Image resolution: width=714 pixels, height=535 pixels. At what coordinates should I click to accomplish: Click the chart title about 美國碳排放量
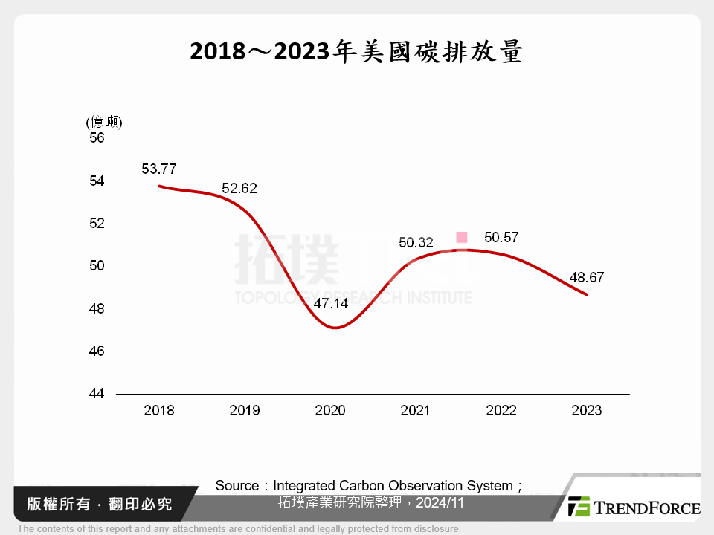356,52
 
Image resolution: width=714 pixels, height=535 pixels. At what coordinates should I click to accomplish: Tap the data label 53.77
159,169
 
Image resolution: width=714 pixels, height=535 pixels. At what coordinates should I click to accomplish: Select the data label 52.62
239,189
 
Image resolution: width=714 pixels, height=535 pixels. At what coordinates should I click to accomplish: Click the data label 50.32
416,242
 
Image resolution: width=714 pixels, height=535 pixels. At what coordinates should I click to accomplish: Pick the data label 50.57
501,238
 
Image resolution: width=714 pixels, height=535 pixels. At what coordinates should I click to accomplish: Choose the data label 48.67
587,278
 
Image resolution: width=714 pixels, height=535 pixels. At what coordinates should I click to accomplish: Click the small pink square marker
461,237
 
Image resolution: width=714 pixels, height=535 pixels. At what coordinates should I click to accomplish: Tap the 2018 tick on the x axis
159,410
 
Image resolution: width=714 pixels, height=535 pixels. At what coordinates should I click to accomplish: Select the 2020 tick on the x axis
330,410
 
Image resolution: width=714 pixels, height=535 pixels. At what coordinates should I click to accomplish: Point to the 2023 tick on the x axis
586,410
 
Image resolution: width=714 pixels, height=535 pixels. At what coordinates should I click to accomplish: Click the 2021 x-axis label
416,410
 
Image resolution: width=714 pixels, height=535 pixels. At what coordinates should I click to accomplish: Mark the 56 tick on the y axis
97,138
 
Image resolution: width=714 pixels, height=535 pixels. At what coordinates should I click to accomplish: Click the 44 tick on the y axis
97,393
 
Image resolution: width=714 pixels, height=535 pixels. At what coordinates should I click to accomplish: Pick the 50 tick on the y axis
97,266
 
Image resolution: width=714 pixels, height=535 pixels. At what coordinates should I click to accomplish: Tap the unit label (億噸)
104,122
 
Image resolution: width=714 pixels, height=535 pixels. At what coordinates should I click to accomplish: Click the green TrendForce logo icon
579,507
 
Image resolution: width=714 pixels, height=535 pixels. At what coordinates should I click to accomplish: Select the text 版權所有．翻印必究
99,504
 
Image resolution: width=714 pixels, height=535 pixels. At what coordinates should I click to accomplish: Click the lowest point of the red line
335,328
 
